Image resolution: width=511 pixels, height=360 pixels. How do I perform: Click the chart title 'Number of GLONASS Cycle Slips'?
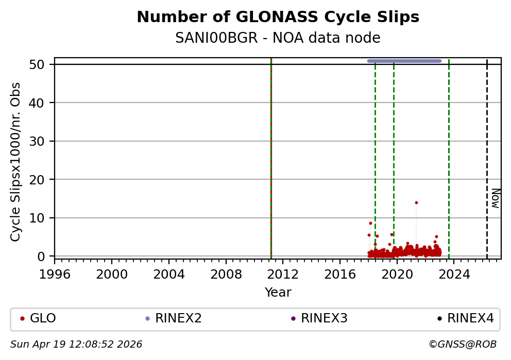pos(278,18)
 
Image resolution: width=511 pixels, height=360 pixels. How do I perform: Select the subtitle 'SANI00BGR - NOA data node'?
pos(278,38)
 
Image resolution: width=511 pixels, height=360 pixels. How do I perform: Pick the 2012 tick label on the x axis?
pos(283,273)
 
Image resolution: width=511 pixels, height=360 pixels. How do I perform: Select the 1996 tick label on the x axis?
pos(55,273)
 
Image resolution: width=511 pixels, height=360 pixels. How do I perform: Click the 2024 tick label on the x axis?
pos(454,273)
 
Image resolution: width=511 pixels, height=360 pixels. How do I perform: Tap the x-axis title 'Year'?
pos(278,293)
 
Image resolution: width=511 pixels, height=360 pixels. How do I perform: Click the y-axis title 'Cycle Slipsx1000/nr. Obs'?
pos(16,162)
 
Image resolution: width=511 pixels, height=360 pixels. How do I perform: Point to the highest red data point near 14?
pos(416,202)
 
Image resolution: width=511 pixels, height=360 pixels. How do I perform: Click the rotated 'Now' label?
pos(495,198)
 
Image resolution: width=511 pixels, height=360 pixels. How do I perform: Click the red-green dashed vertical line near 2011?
pos(271,155)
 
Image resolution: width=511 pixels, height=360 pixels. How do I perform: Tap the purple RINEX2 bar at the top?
pos(404,61)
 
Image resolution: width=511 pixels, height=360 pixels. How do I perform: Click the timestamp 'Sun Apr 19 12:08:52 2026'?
pos(76,345)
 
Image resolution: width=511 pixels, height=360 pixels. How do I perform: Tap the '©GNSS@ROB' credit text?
pos(462,345)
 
